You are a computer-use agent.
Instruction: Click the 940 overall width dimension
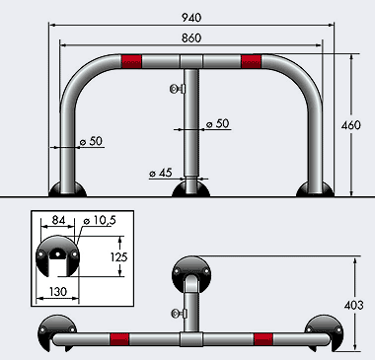tap(191, 18)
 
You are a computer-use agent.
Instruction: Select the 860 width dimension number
tap(191, 38)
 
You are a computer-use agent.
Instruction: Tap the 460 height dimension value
tap(351, 125)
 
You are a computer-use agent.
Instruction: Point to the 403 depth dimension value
tap(354, 306)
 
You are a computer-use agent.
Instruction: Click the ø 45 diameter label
tap(161, 173)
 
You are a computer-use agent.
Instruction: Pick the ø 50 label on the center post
tap(217, 123)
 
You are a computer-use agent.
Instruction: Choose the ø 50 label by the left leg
tap(91, 141)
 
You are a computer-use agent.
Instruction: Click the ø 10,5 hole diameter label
tap(100, 220)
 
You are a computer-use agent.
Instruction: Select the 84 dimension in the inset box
tap(58, 220)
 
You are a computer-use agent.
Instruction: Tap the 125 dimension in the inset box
tap(118, 256)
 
